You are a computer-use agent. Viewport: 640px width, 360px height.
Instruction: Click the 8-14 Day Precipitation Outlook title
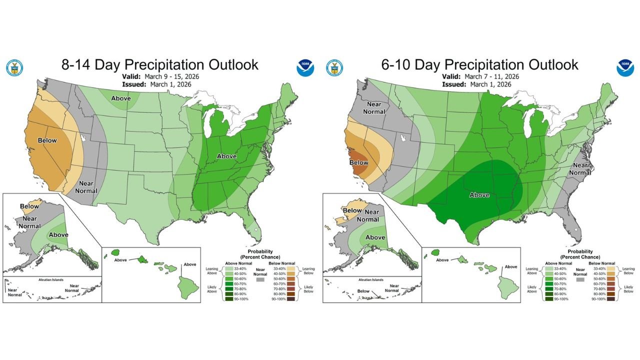pos(159,65)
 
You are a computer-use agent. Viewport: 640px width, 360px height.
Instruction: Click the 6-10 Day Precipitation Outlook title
pos(479,65)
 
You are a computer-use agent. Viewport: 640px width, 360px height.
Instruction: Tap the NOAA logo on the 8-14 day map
pos(304,68)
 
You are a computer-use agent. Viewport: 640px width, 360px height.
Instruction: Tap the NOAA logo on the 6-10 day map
pos(624,68)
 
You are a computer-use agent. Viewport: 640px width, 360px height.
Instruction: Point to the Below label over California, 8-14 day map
pos(47,140)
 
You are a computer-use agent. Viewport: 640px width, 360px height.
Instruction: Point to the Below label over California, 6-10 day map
pos(358,162)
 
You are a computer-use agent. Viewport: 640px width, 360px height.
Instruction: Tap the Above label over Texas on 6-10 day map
pos(479,195)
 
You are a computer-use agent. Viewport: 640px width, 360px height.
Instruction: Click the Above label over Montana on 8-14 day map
pos(121,98)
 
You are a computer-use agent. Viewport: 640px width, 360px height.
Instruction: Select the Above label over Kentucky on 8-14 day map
pos(226,156)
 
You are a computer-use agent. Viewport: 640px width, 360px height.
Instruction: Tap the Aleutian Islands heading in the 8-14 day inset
pos(51,279)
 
